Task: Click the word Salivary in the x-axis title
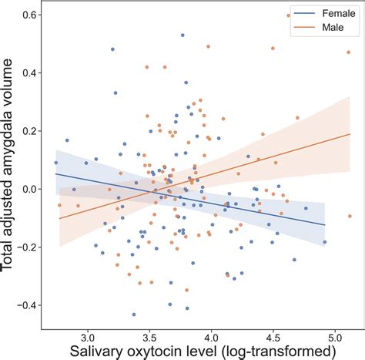coord(82,352)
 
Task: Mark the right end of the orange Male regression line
coord(350,134)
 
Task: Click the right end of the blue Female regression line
coord(326,224)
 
